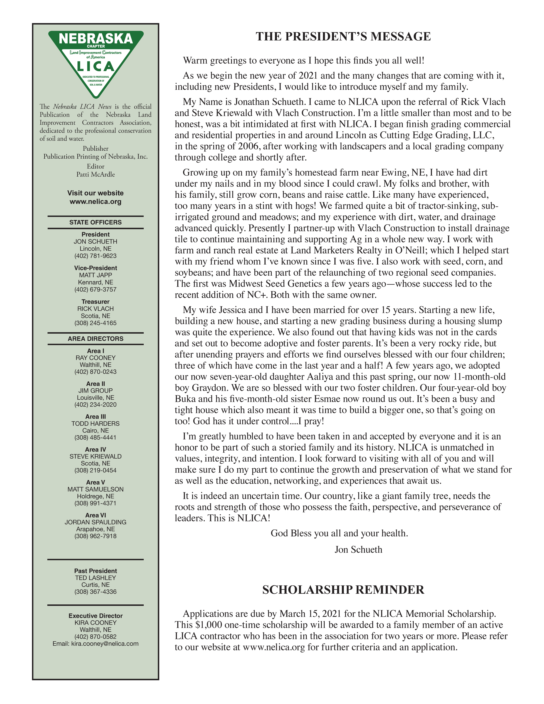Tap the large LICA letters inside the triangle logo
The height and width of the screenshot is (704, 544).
click(x=96, y=67)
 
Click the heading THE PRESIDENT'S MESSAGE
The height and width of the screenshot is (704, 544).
click(x=343, y=37)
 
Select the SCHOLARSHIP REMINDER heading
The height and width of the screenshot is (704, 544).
click(x=343, y=590)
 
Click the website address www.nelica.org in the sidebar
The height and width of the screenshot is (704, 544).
click(x=96, y=202)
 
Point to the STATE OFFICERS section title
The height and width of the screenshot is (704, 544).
click(x=96, y=222)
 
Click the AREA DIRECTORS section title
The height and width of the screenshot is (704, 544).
click(x=96, y=338)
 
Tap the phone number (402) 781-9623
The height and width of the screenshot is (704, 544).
click(x=96, y=256)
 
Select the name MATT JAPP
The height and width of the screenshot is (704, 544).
click(x=96, y=275)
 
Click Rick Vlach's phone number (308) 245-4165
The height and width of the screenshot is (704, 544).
click(x=96, y=323)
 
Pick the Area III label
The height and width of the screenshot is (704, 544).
click(x=96, y=416)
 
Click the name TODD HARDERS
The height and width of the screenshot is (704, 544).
click(x=96, y=424)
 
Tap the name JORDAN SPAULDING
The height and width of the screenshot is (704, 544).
click(x=96, y=522)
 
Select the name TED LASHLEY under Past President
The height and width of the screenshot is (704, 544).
click(x=96, y=578)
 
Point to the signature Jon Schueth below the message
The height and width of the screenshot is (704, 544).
click(x=358, y=549)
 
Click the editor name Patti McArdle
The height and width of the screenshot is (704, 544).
click(x=96, y=174)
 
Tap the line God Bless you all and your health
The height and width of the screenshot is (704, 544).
click(x=339, y=533)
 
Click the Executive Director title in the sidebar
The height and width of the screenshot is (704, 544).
click(x=96, y=616)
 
